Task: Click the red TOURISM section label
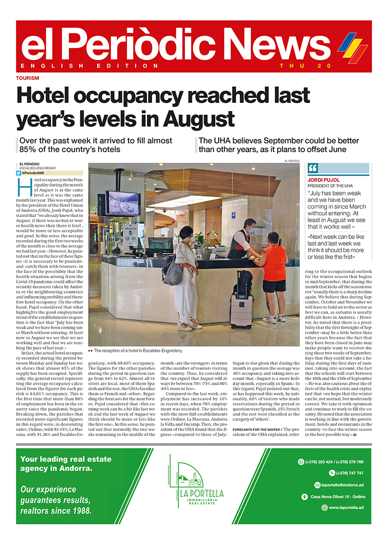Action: pos(27,78)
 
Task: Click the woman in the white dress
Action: pos(186,277)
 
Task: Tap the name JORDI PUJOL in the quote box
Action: pos(323,180)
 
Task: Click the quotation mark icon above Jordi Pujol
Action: pos(313,169)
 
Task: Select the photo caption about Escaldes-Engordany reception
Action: pos(138,350)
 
